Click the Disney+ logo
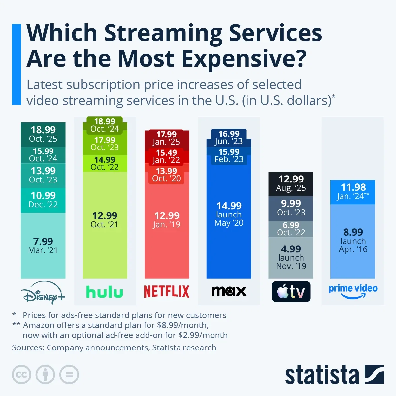tap(43, 292)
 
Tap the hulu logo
tap(105, 292)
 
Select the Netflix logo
tap(167, 291)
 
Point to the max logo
tap(229, 291)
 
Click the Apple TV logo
tap(291, 292)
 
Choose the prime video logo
tap(353, 290)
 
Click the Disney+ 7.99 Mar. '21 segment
tap(43, 246)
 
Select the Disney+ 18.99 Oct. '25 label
tap(43, 134)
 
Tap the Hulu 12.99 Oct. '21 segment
tap(105, 220)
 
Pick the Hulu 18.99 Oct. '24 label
tap(105, 125)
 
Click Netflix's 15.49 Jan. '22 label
tap(166, 156)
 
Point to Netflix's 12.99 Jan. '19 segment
tap(167, 220)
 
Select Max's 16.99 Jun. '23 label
tap(229, 138)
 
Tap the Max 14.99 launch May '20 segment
tap(229, 214)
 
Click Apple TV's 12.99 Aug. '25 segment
tap(291, 183)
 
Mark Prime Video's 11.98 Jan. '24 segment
tap(353, 192)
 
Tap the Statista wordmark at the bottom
tap(322, 375)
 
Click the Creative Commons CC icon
tap(21, 375)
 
